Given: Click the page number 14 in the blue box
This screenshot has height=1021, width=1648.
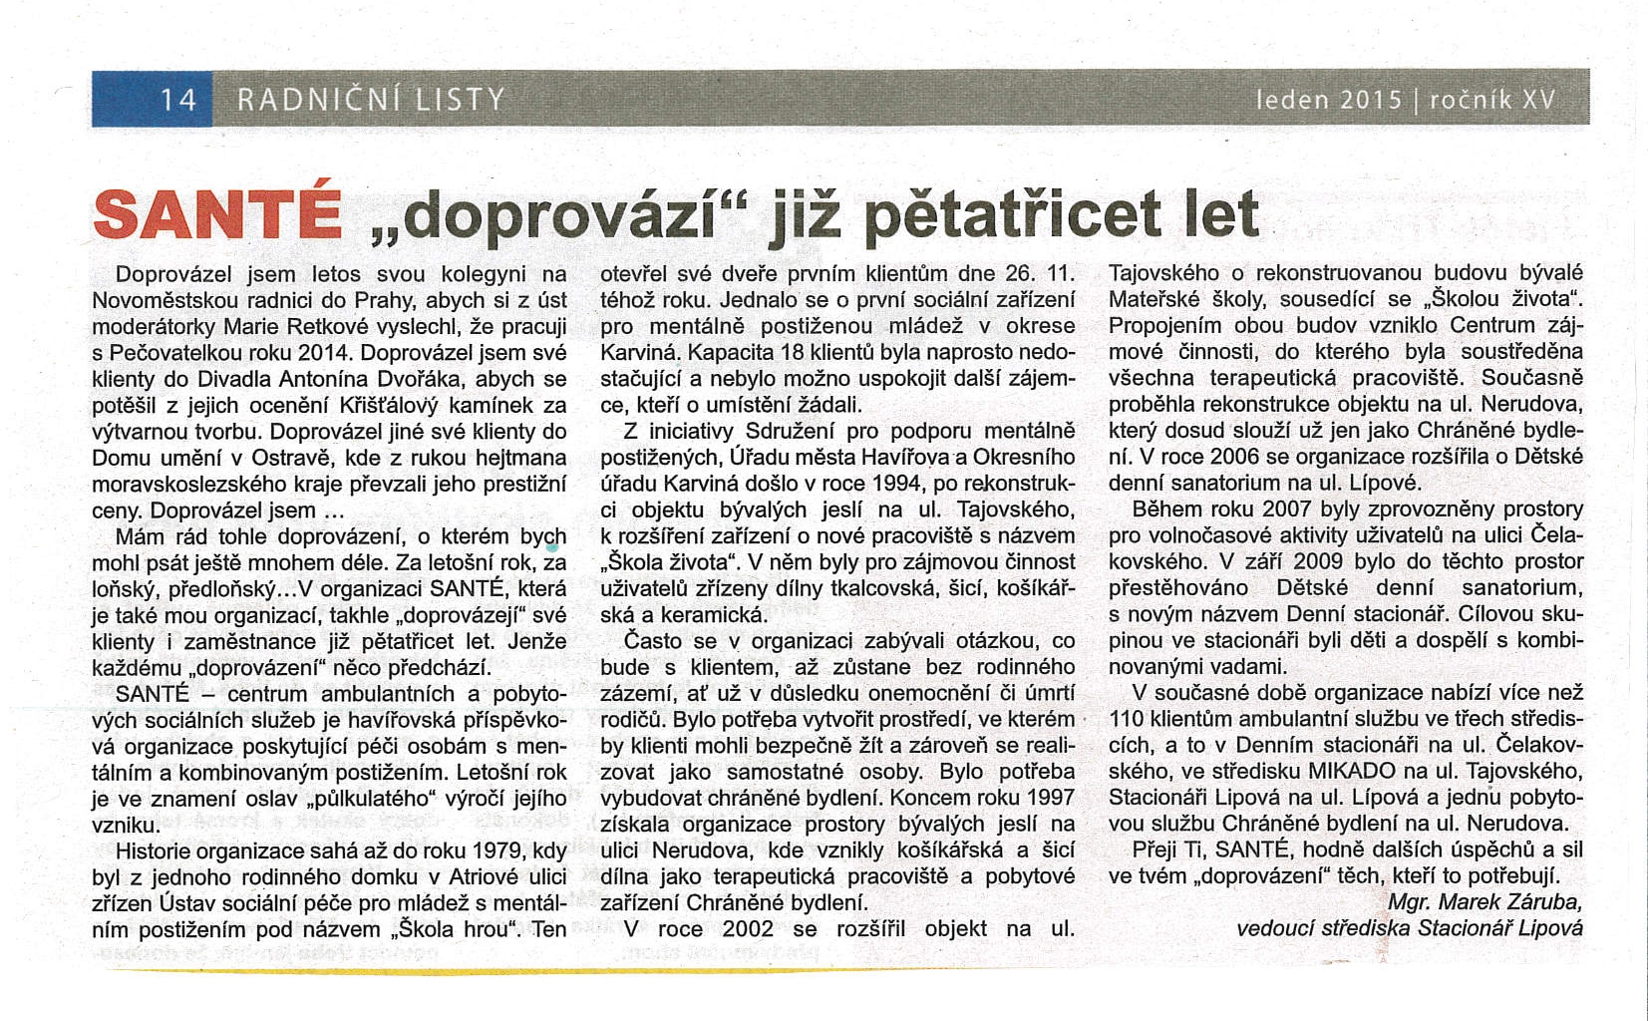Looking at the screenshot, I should pyautogui.click(x=178, y=100).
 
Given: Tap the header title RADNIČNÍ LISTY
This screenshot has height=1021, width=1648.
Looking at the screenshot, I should pyautogui.click(x=371, y=100).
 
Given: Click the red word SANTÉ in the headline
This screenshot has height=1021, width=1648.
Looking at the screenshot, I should pyautogui.click(x=217, y=213).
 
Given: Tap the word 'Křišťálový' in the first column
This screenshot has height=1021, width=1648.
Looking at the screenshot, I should pyautogui.click(x=397, y=406).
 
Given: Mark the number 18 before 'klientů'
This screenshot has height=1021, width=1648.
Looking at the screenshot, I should pyautogui.click(x=793, y=353).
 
